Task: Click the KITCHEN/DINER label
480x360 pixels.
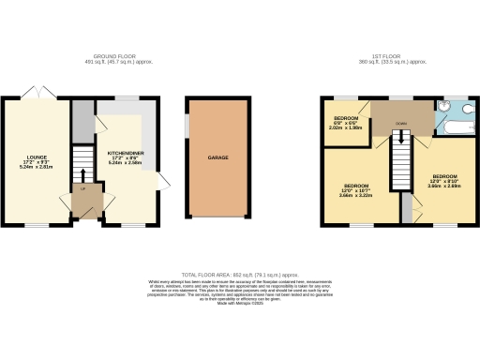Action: (126, 151)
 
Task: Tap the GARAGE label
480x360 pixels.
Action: (217, 158)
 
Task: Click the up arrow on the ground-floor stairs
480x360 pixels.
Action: (84, 172)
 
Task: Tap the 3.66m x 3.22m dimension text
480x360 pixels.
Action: (357, 195)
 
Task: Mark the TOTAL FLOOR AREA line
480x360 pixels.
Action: (239, 264)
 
